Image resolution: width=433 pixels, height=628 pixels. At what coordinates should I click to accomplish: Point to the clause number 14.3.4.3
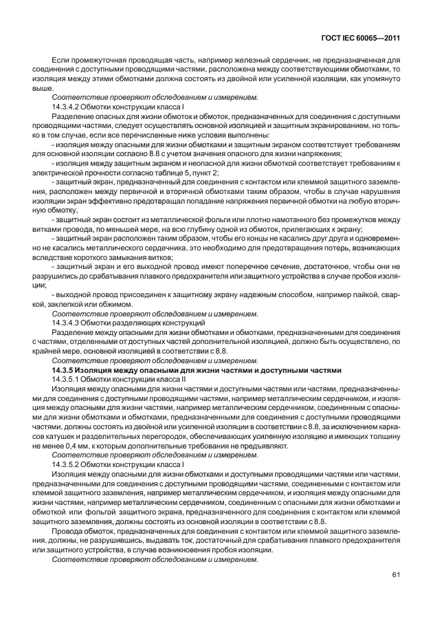pyautogui.click(x=68, y=323)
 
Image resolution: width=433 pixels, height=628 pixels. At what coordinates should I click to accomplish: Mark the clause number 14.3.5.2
pyautogui.click(x=68, y=464)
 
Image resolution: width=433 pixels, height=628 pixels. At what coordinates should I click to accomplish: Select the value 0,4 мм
pyautogui.click(x=76, y=445)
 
